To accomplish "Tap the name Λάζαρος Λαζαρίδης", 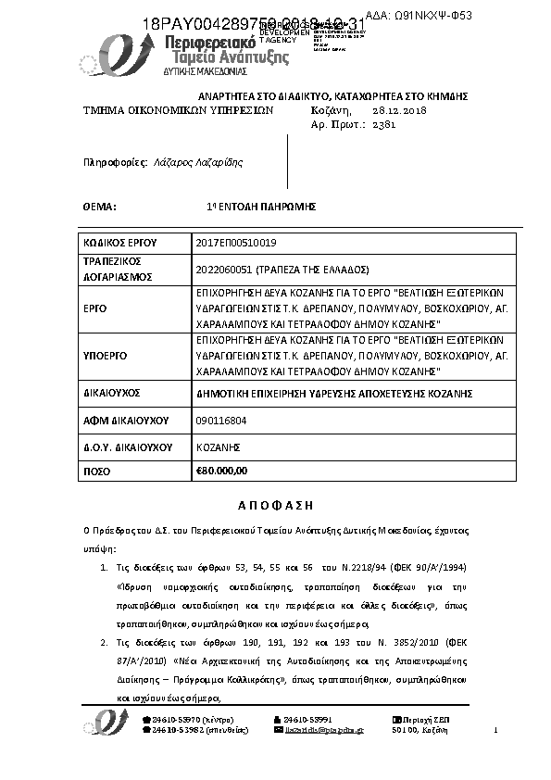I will (198, 162).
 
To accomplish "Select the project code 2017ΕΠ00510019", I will (237, 243).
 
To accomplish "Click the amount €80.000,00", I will (222, 471).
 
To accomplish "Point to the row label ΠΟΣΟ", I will (98, 472).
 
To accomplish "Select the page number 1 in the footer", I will (497, 730).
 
